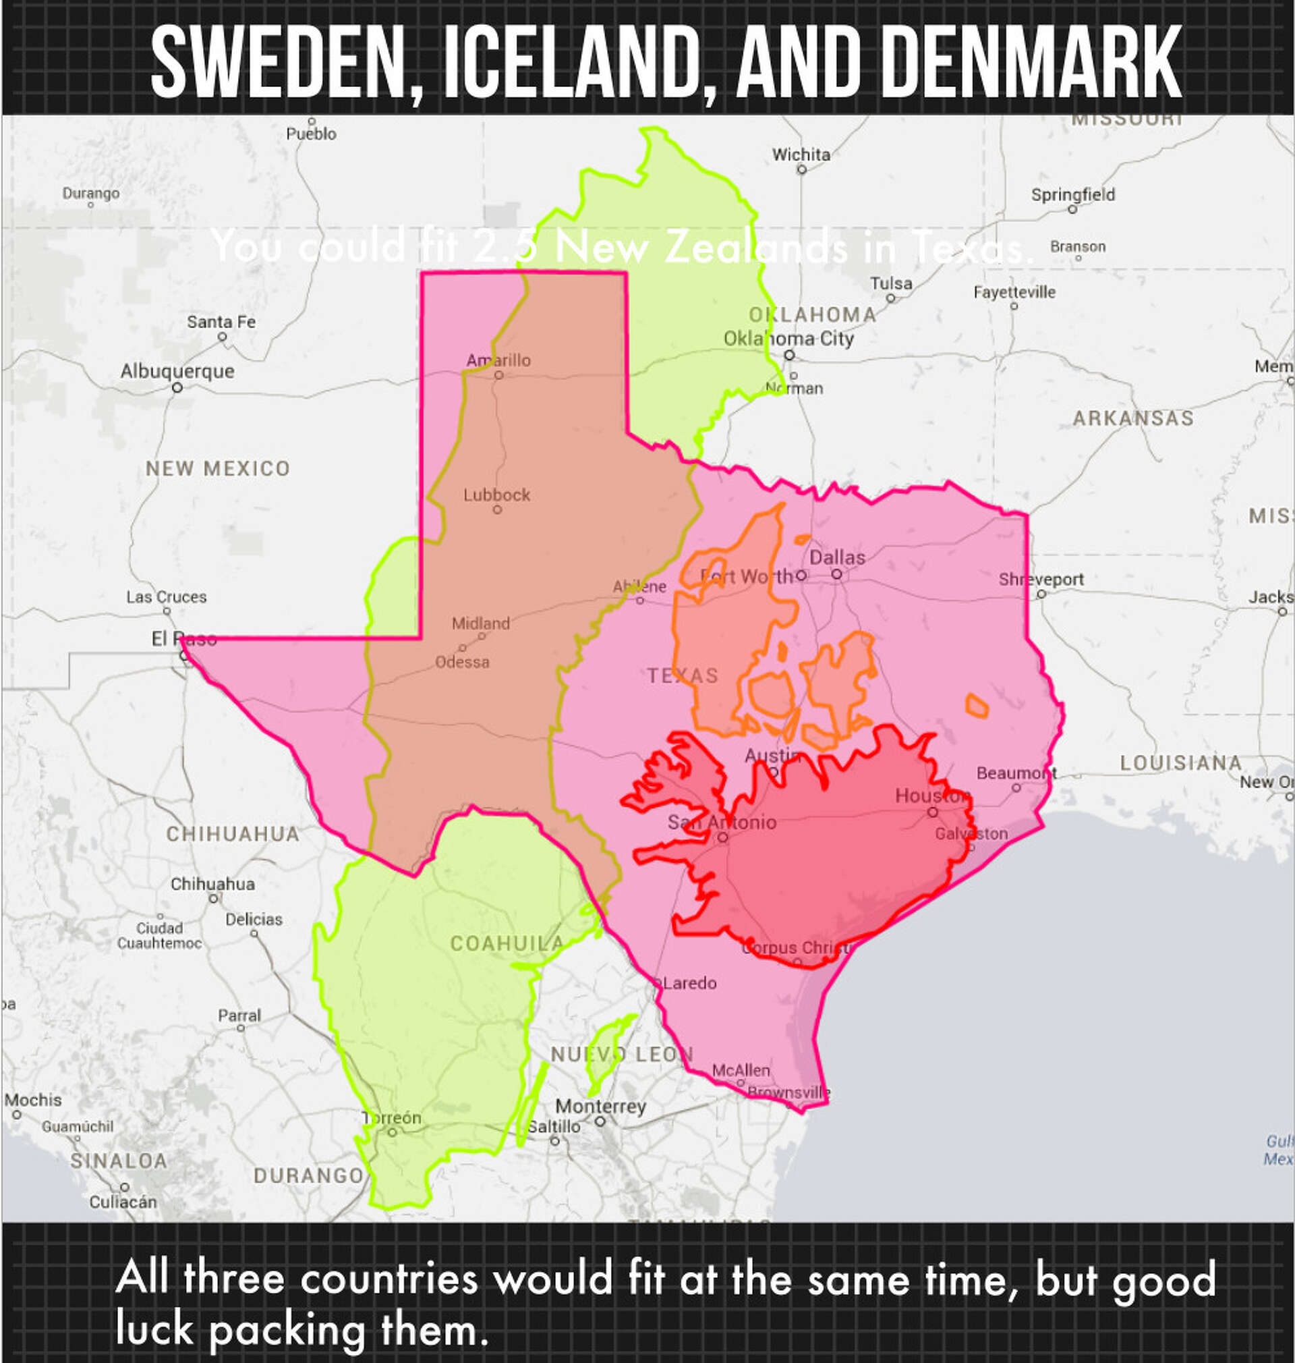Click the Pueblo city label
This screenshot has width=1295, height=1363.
pyautogui.click(x=312, y=134)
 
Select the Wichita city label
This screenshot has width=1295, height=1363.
pyautogui.click(x=801, y=155)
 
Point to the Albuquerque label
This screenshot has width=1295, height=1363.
pyautogui.click(x=177, y=372)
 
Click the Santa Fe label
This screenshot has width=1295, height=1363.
pyautogui.click(x=221, y=322)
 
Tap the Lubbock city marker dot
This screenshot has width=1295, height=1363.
pyautogui.click(x=497, y=510)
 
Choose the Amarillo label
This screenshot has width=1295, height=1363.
pyautogui.click(x=498, y=360)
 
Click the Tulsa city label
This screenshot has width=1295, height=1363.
pyautogui.click(x=891, y=284)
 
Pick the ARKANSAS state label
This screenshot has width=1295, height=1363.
pyautogui.click(x=1132, y=418)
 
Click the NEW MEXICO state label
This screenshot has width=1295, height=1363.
pyautogui.click(x=217, y=469)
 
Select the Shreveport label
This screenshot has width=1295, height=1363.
pyautogui.click(x=1041, y=580)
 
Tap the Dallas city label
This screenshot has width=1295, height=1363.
pyautogui.click(x=837, y=558)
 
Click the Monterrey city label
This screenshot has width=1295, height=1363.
pyautogui.click(x=600, y=1106)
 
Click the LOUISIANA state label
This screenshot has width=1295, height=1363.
pyautogui.click(x=1180, y=763)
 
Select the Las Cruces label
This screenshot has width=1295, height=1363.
pyautogui.click(x=167, y=597)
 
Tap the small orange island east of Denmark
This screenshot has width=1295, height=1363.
pyautogui.click(x=976, y=706)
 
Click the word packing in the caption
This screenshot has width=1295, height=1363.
pyautogui.click(x=287, y=1331)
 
